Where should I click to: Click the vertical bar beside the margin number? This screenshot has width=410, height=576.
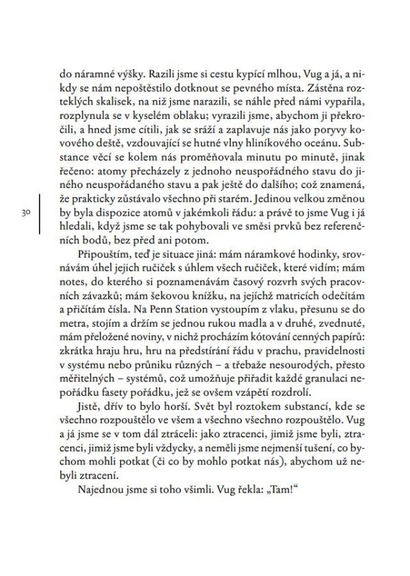click(x=42, y=214)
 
